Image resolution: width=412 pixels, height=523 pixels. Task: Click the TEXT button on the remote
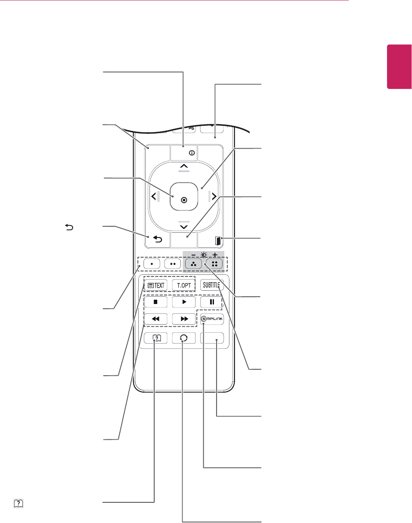point(156,284)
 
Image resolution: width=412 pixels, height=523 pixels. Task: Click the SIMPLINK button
point(212,319)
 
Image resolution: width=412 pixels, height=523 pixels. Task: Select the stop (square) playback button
point(156,301)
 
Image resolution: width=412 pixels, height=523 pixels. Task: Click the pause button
point(212,301)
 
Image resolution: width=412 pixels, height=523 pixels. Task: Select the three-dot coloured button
point(194,263)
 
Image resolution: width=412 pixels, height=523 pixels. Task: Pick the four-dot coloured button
point(214,263)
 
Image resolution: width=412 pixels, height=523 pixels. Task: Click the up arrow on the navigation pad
point(183,166)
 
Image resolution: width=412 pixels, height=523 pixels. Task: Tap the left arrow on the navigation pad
point(154,198)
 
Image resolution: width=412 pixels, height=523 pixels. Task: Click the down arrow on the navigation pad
point(183,227)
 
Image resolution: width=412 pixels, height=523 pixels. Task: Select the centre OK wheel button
point(183,199)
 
